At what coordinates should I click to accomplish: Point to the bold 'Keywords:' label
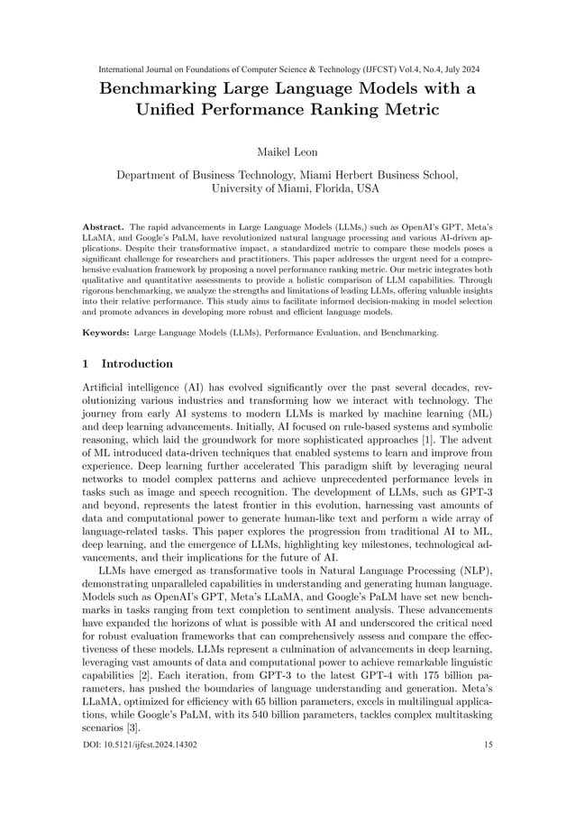coord(105,333)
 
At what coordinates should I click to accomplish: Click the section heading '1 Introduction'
coord(127,364)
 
